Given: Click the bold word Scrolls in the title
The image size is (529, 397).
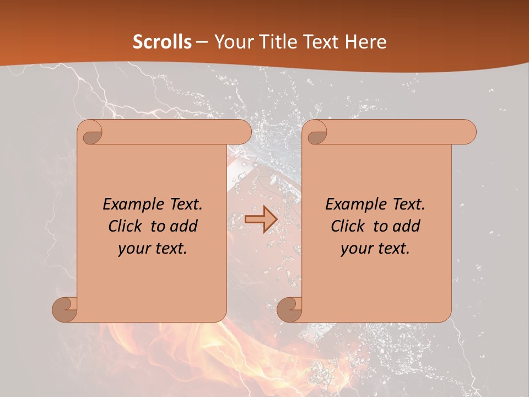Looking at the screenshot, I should (x=162, y=42).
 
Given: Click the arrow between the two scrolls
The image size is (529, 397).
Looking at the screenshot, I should (x=261, y=219).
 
